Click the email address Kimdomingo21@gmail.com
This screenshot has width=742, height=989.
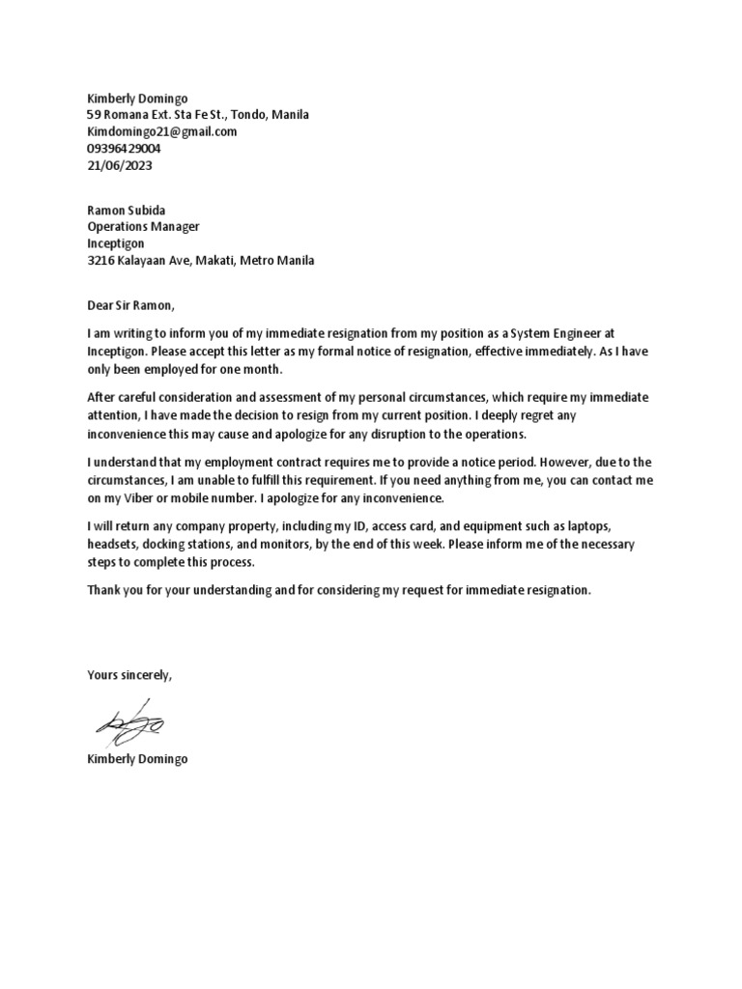click(x=161, y=131)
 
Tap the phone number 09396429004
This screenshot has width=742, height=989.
click(x=124, y=149)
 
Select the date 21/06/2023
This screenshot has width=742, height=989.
click(x=120, y=165)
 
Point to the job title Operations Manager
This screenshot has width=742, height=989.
click(x=143, y=227)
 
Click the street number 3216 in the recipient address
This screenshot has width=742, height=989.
click(x=101, y=261)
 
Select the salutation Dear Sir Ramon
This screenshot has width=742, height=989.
click(x=131, y=306)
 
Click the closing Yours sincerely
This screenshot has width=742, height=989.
click(x=129, y=674)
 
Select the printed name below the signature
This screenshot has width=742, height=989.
click(x=137, y=759)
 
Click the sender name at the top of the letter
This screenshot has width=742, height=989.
click(x=137, y=98)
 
